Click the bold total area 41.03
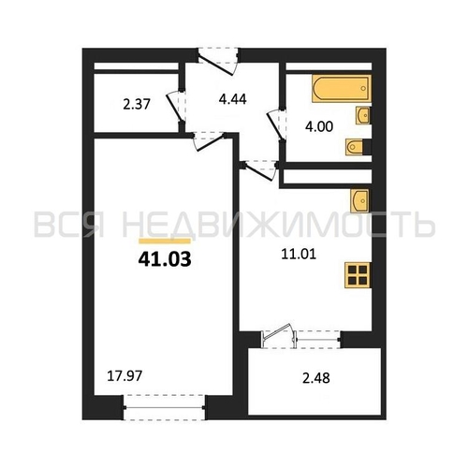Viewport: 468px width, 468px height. pos(165,259)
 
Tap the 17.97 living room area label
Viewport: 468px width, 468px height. pos(124,375)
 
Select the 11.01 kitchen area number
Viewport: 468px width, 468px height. pos(299,255)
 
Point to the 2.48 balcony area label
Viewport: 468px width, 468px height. pos(316,378)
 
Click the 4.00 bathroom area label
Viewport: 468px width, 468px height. pos(319,126)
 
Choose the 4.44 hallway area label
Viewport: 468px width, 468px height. pos(233,99)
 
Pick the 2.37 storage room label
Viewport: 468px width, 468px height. pos(137,104)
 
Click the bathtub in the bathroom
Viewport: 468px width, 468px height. pos(342,88)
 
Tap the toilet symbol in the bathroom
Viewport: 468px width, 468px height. pos(355,147)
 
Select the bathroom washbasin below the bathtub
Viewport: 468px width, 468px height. pos(363,116)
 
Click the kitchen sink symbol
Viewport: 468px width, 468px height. pos(359,201)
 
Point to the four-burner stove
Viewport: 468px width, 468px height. pos(358,275)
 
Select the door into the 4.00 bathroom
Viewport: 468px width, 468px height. pos(276,124)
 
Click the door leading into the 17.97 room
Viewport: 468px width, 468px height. pos(209,140)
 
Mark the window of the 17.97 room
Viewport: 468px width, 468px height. pos(165,407)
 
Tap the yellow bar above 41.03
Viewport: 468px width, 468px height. pos(165,241)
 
